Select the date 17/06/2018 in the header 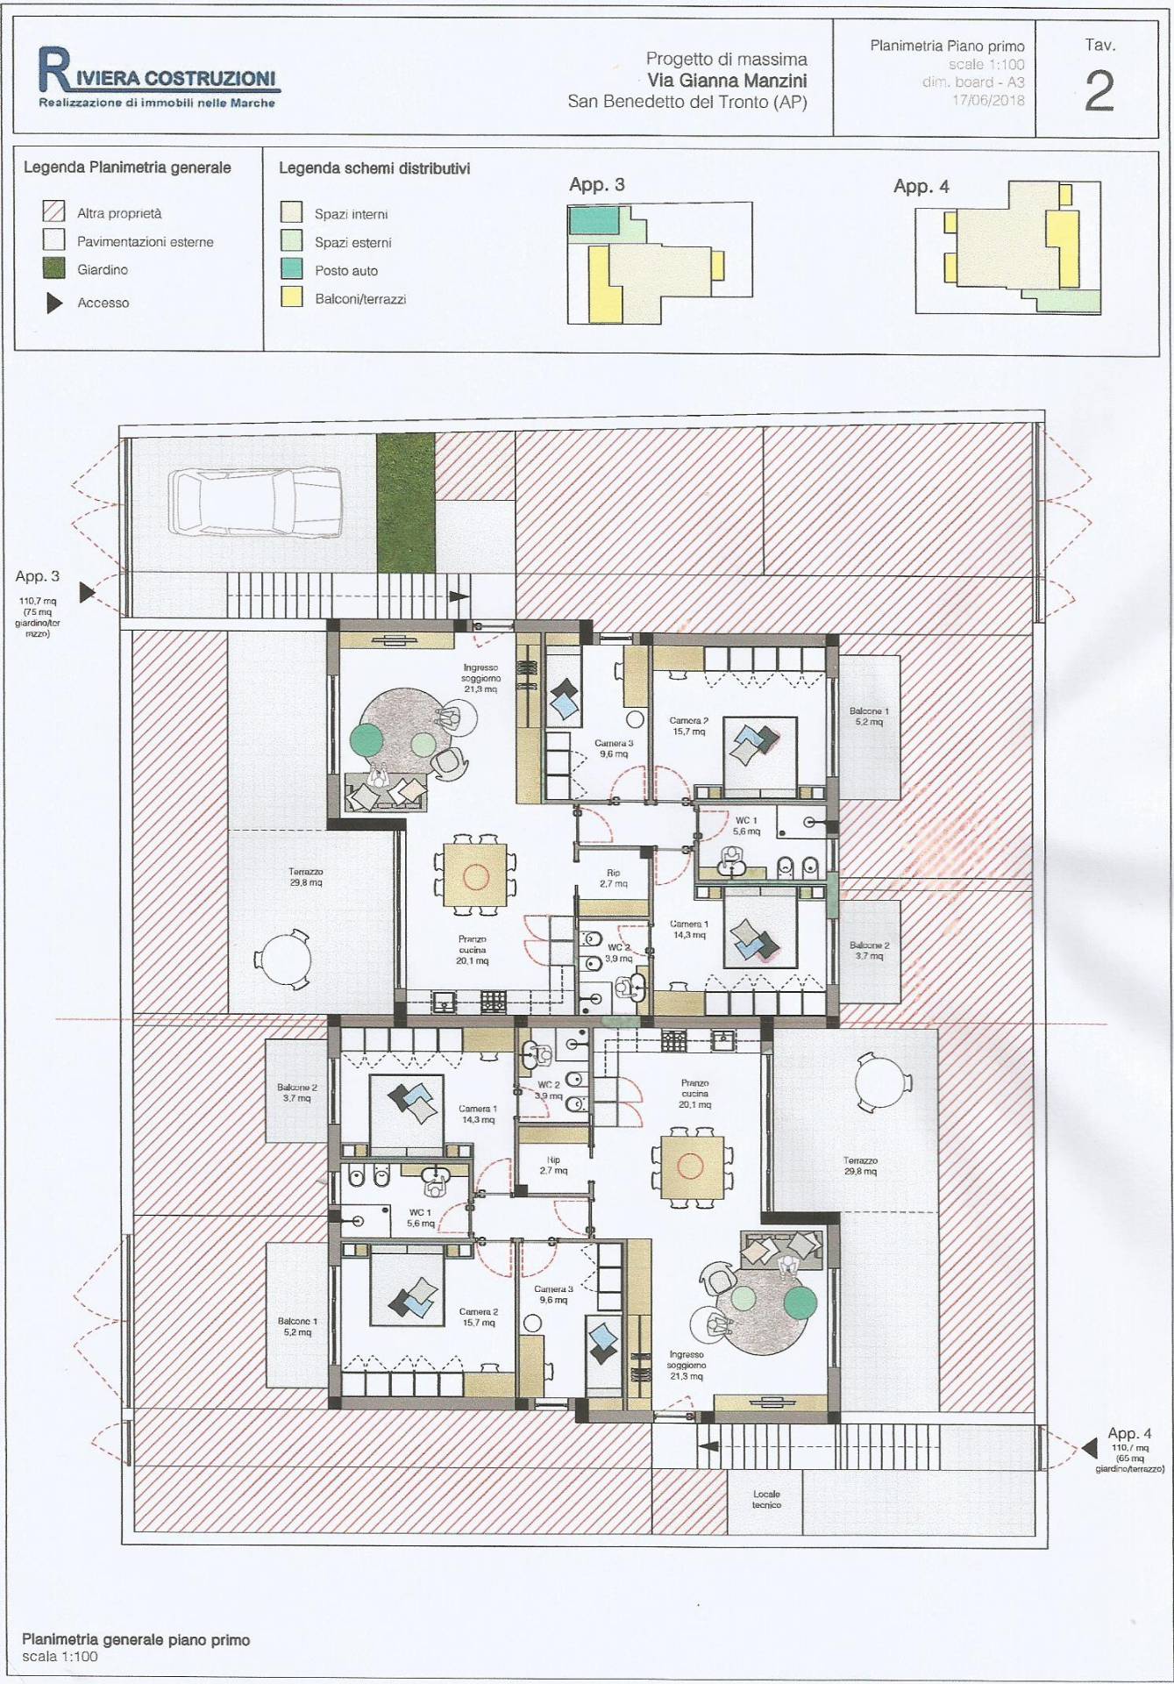pos(988,100)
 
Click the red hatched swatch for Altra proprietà pos(54,212)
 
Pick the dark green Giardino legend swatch pos(54,269)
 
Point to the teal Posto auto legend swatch pos(291,270)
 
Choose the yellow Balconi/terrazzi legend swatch pos(291,298)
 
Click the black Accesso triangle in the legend pos(54,303)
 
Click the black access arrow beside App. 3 pos(87,592)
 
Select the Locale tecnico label pos(766,1499)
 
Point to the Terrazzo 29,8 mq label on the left pos(305,877)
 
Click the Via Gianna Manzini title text pos(727,81)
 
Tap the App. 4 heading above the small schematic pos(921,186)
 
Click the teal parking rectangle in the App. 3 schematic pos(595,220)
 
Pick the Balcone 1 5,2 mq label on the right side pos(869,717)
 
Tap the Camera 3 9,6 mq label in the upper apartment pos(614,748)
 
